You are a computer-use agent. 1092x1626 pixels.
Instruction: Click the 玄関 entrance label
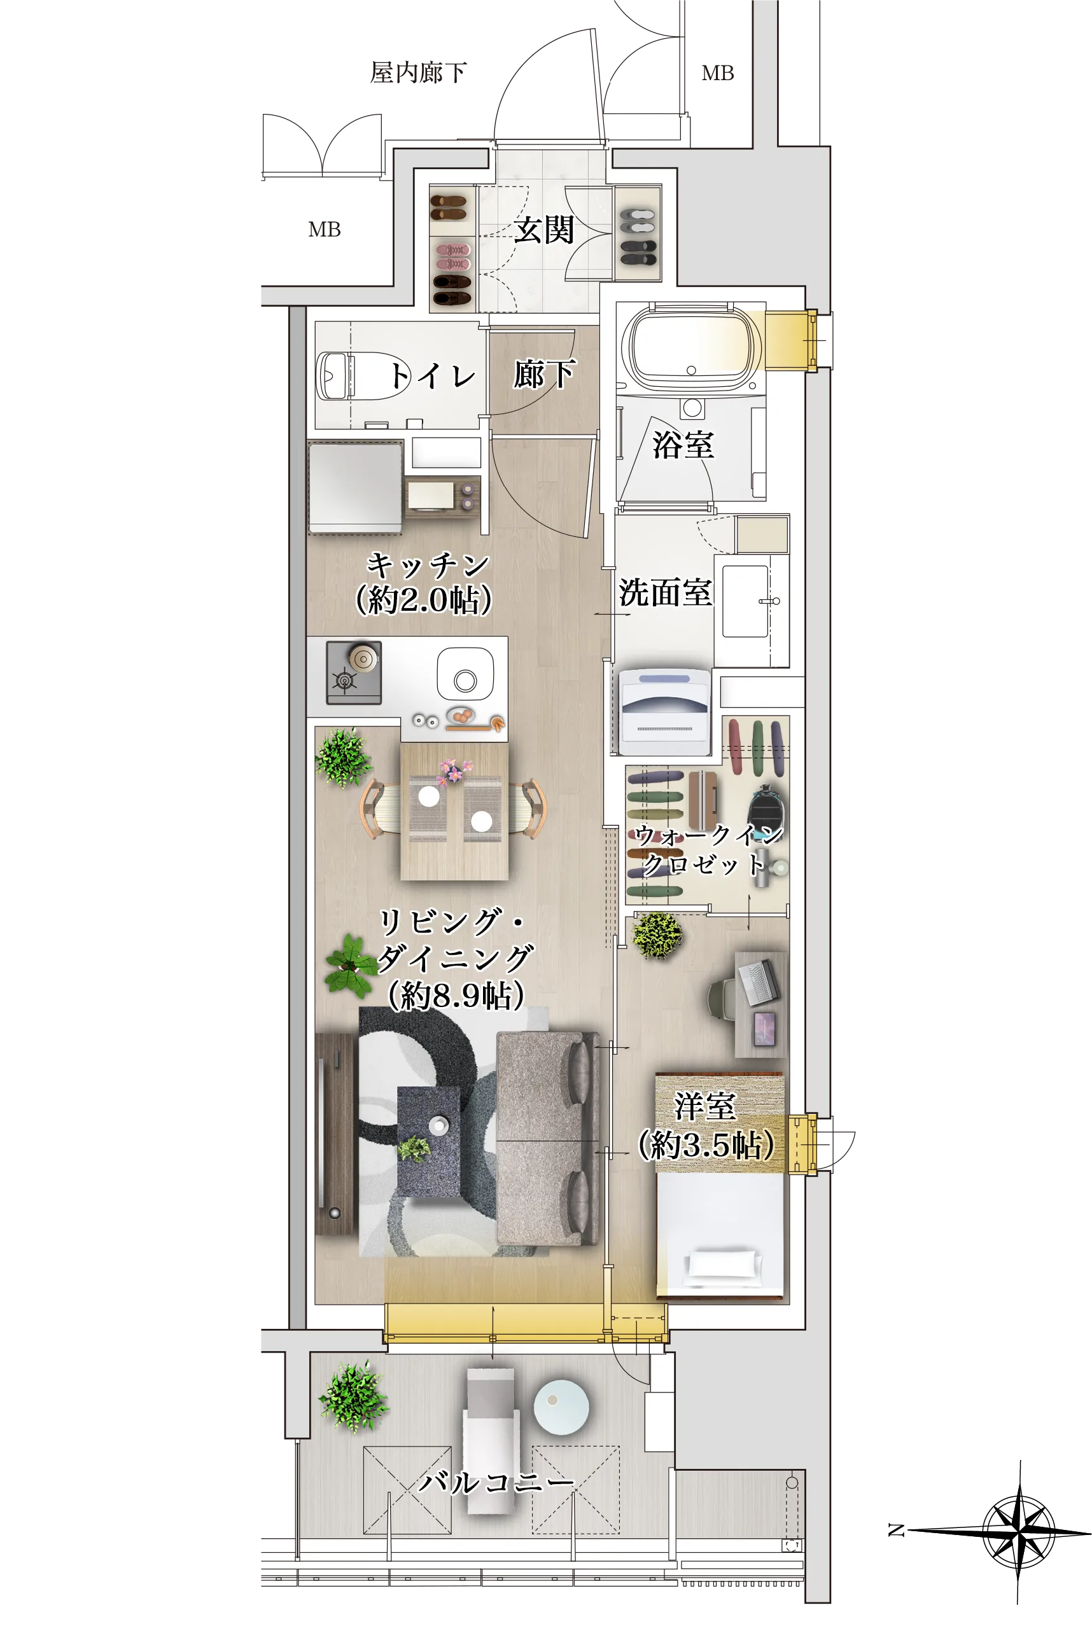coord(544,230)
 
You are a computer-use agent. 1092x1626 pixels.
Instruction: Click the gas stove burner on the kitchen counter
coord(354,672)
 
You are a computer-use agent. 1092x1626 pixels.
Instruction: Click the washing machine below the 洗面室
coord(664,712)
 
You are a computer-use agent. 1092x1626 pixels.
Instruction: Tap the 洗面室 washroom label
coord(665,592)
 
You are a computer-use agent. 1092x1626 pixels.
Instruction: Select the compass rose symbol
coord(1018,1531)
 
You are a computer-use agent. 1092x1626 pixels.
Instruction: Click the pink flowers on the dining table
coord(453,770)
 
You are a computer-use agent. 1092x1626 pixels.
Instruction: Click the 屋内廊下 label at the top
coord(418,73)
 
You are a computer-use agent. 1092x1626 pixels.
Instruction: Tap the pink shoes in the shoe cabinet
coord(453,256)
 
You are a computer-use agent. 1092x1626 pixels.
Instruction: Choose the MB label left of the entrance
coord(325,230)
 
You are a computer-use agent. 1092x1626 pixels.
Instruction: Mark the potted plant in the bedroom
coord(657,935)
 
